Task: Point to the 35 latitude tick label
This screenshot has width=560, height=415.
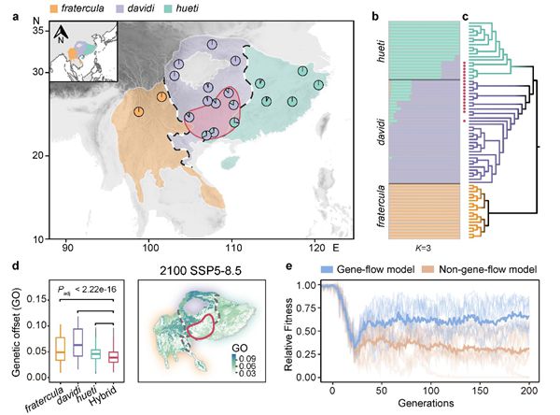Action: (x=40, y=31)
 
